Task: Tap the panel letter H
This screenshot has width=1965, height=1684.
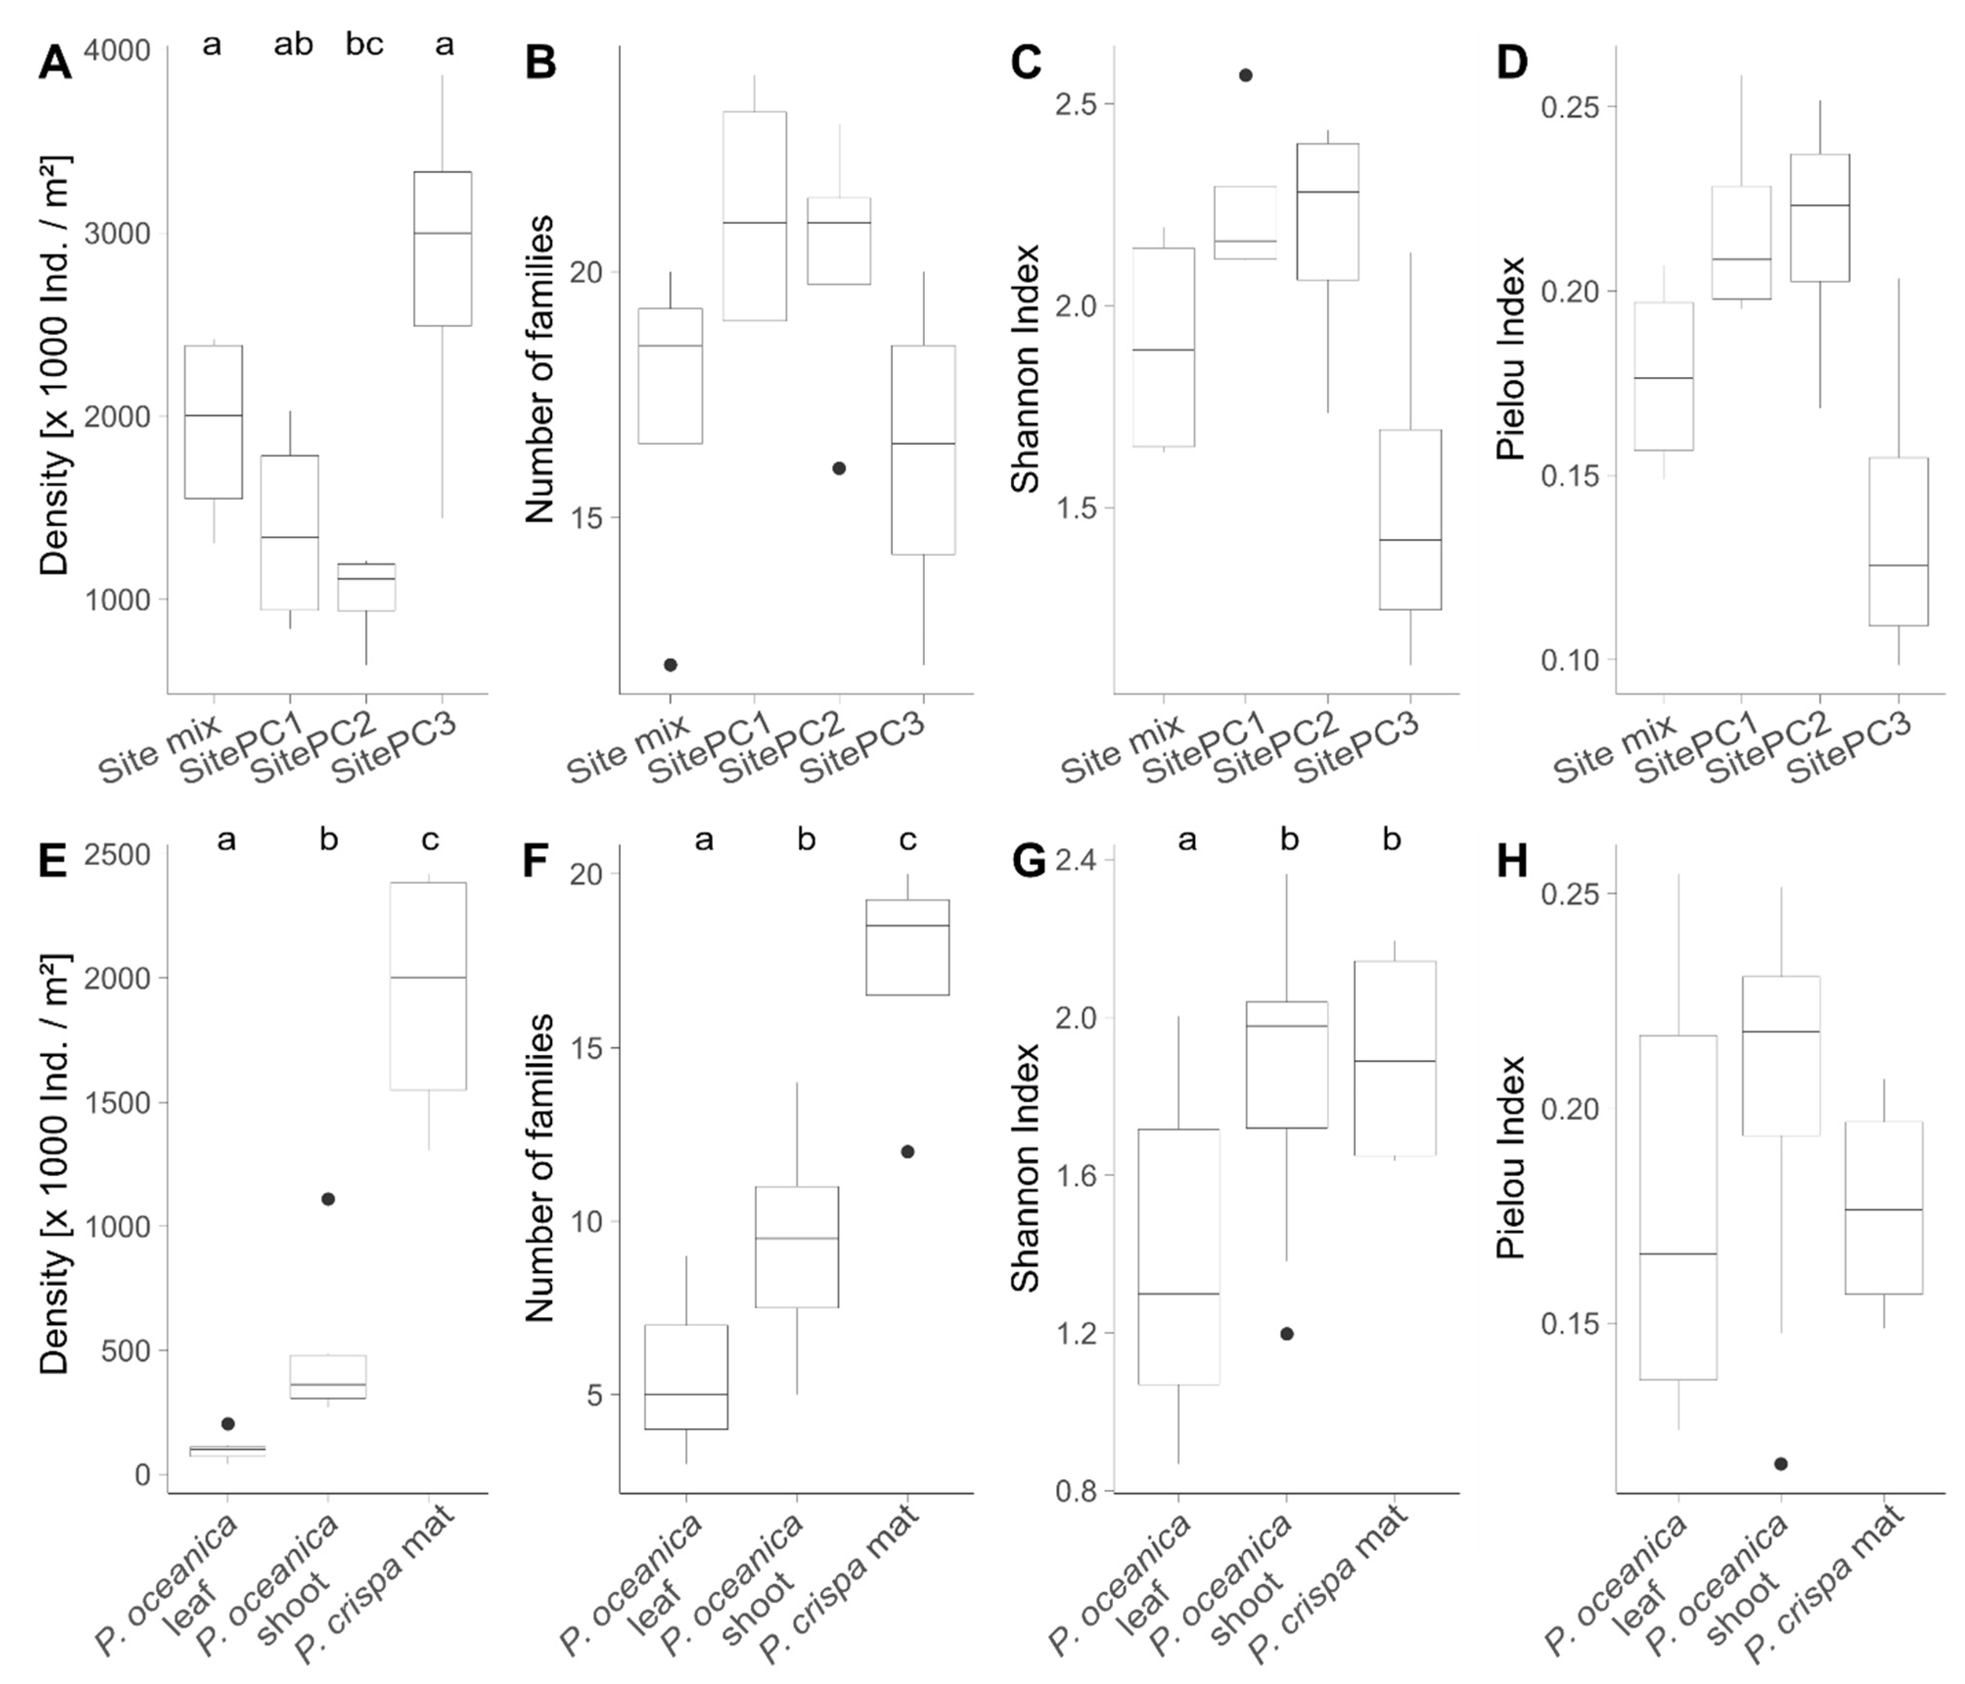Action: (x=1512, y=862)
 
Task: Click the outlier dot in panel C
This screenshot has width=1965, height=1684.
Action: (x=1246, y=75)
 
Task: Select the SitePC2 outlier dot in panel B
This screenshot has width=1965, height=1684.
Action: (x=838, y=469)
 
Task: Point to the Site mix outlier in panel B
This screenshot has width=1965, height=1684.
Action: (x=671, y=665)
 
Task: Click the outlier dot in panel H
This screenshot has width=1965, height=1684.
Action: (x=1781, y=1464)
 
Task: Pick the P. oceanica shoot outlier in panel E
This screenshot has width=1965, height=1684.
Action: (x=328, y=1198)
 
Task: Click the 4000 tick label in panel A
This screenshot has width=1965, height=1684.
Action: (x=117, y=49)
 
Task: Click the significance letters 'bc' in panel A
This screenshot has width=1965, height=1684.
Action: (x=364, y=45)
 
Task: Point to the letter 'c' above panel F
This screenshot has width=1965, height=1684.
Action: (x=907, y=840)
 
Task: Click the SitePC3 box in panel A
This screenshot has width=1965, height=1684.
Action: (x=443, y=248)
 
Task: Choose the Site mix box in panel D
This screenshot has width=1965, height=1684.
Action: (x=1666, y=377)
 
